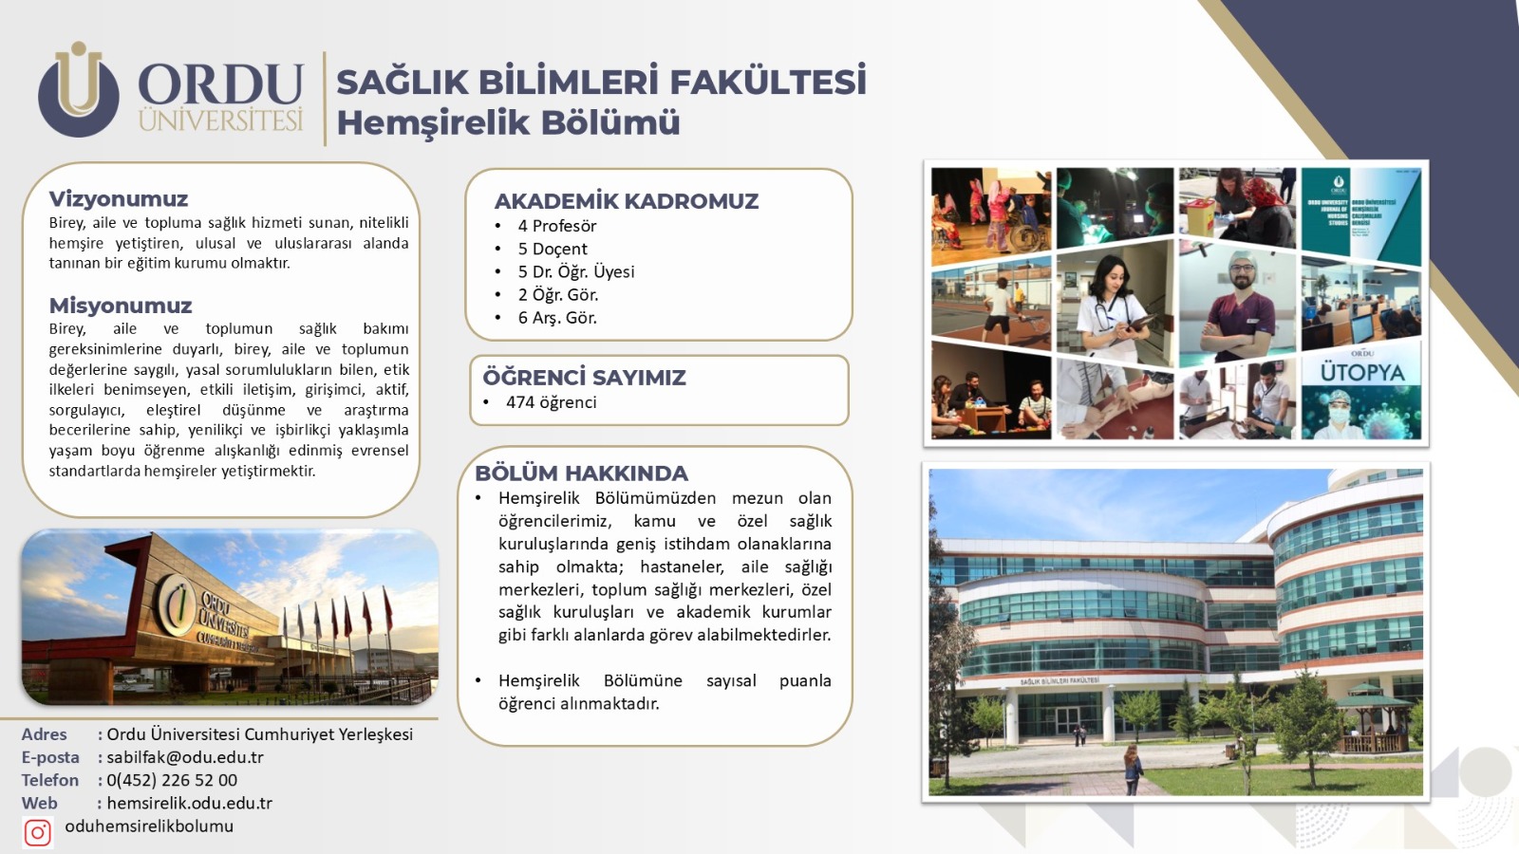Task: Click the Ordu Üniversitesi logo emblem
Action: tap(79, 89)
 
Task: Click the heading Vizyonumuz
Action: tap(118, 198)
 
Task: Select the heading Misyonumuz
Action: tap(120, 305)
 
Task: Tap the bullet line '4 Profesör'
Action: tap(556, 226)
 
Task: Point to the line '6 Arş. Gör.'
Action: tap(556, 317)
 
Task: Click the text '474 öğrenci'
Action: tap(551, 402)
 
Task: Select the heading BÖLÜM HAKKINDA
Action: tap(581, 473)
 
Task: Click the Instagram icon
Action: tap(37, 833)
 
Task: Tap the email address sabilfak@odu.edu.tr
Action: tap(184, 757)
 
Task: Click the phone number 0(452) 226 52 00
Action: tap(172, 780)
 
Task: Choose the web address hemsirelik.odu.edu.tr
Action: tap(189, 803)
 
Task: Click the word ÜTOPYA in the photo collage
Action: tap(1361, 372)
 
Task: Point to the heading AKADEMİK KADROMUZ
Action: tap(626, 200)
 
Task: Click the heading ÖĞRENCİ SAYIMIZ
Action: tap(584, 377)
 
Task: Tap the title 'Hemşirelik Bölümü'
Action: tap(508, 122)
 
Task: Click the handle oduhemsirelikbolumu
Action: tap(149, 826)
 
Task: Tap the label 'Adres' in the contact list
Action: tap(44, 734)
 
